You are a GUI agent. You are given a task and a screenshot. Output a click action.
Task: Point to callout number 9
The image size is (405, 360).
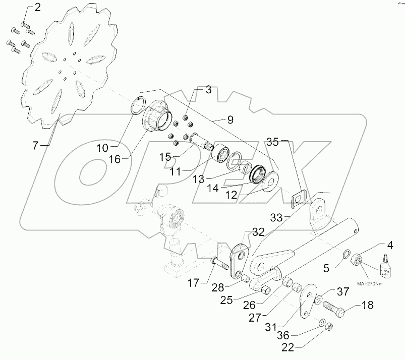(x=229, y=120)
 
